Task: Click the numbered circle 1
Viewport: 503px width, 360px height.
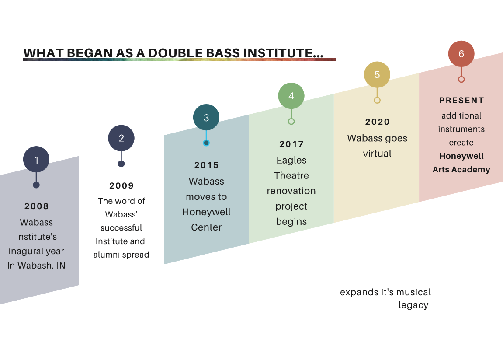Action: [x=36, y=160]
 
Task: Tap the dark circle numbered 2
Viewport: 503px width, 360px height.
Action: [x=121, y=138]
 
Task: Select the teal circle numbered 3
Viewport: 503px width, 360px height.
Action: [x=206, y=117]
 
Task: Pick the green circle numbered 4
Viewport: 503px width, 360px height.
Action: [x=291, y=96]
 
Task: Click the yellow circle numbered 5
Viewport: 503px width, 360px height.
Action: [x=377, y=74]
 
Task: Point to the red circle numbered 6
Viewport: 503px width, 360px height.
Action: [x=461, y=54]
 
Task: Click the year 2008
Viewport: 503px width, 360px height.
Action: [x=37, y=206]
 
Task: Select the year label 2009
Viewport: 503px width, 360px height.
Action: [x=121, y=185]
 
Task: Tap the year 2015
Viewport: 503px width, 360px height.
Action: [x=207, y=165]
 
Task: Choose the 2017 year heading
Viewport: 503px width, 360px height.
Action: [x=291, y=144]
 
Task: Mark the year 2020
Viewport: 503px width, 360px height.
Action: [x=378, y=122]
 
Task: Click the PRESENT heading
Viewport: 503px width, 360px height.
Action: [x=461, y=101]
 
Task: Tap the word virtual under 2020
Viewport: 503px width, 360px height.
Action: [x=377, y=154]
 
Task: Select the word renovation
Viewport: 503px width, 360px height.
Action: [x=291, y=191]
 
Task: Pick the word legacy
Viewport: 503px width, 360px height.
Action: [x=413, y=305]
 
